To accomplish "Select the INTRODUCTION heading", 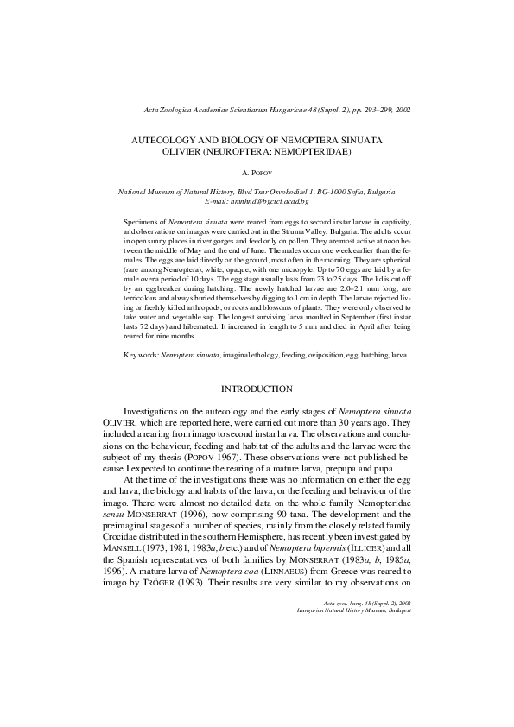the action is coord(257,389).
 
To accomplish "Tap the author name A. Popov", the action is coord(257,174).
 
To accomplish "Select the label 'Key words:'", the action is coord(141,354).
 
